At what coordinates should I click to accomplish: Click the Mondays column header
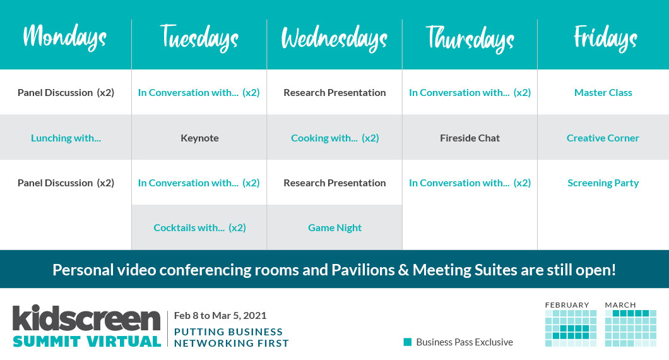click(65, 38)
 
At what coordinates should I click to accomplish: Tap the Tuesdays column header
click(199, 38)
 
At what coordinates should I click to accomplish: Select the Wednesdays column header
click(334, 39)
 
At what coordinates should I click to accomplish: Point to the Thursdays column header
click(470, 39)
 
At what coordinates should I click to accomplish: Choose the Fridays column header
click(605, 38)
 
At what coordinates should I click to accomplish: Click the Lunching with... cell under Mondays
click(66, 138)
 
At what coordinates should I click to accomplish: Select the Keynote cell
click(199, 138)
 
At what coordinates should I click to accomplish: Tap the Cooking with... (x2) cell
click(335, 138)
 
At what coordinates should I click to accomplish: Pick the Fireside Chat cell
click(470, 138)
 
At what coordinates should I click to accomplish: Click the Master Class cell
click(603, 93)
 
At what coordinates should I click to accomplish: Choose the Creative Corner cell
click(603, 138)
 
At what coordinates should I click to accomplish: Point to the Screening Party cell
click(603, 183)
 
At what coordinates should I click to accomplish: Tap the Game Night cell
click(335, 228)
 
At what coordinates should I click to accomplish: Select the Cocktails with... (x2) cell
click(199, 227)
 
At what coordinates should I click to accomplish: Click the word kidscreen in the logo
click(86, 318)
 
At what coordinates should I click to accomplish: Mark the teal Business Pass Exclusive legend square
click(408, 342)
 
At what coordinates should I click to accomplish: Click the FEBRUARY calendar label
click(567, 305)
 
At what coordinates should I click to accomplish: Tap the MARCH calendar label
click(620, 305)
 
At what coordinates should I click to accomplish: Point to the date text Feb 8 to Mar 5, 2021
click(220, 316)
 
